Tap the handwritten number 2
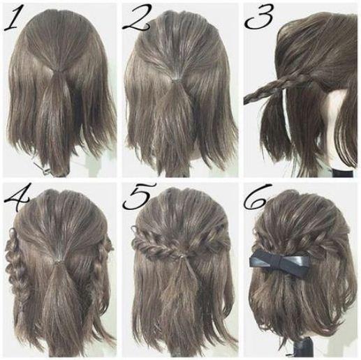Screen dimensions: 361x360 (138, 19)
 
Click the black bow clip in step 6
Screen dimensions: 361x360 (279, 262)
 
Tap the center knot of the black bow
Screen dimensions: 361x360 (281, 263)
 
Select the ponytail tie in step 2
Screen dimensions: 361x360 (176, 81)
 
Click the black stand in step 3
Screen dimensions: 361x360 (343, 173)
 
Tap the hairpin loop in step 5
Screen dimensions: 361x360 (135, 229)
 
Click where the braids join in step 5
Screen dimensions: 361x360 (182, 256)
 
